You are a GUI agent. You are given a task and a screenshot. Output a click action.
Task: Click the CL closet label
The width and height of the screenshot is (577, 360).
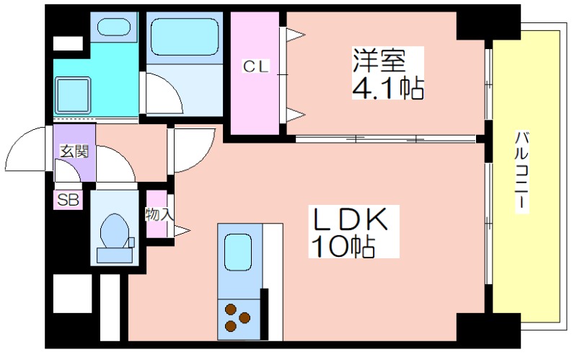256,66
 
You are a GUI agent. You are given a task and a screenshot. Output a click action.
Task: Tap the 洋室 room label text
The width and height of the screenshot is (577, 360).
379,60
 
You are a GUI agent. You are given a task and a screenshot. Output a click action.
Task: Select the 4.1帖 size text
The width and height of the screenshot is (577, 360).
388,88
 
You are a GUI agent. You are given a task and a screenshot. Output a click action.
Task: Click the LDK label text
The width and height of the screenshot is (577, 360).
350,219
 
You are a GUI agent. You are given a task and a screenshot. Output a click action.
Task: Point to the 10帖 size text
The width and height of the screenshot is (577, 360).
343,246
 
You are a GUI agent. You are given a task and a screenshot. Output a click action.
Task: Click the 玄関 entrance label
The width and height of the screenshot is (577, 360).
75,151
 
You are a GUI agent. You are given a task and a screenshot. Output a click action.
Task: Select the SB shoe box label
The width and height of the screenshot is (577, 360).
68,200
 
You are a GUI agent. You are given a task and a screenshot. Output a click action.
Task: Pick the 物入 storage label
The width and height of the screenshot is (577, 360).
159,214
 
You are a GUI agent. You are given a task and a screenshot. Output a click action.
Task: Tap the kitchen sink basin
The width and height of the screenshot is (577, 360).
238,253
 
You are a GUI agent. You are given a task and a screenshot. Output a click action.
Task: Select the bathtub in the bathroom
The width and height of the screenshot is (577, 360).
185,37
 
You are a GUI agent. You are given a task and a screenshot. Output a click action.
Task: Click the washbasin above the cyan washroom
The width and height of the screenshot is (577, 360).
114,27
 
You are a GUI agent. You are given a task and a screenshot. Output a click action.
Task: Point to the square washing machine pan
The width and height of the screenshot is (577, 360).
73,95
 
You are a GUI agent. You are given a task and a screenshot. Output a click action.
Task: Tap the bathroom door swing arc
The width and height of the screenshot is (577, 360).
172,87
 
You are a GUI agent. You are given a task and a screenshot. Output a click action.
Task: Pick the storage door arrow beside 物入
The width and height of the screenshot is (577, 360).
182,231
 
